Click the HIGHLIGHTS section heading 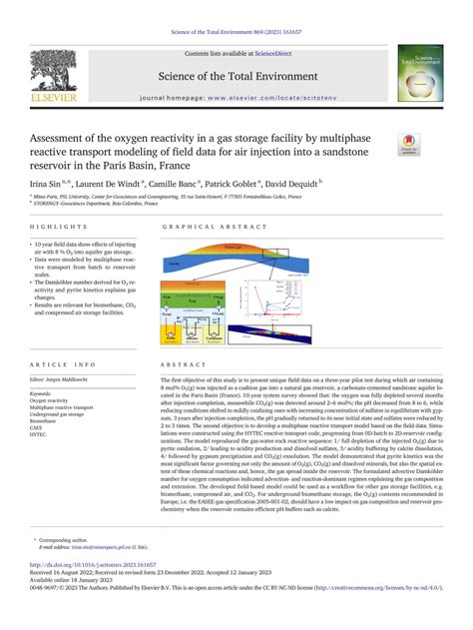point(61,227)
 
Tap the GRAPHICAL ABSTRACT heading point(204,227)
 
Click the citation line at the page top point(236,8)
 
